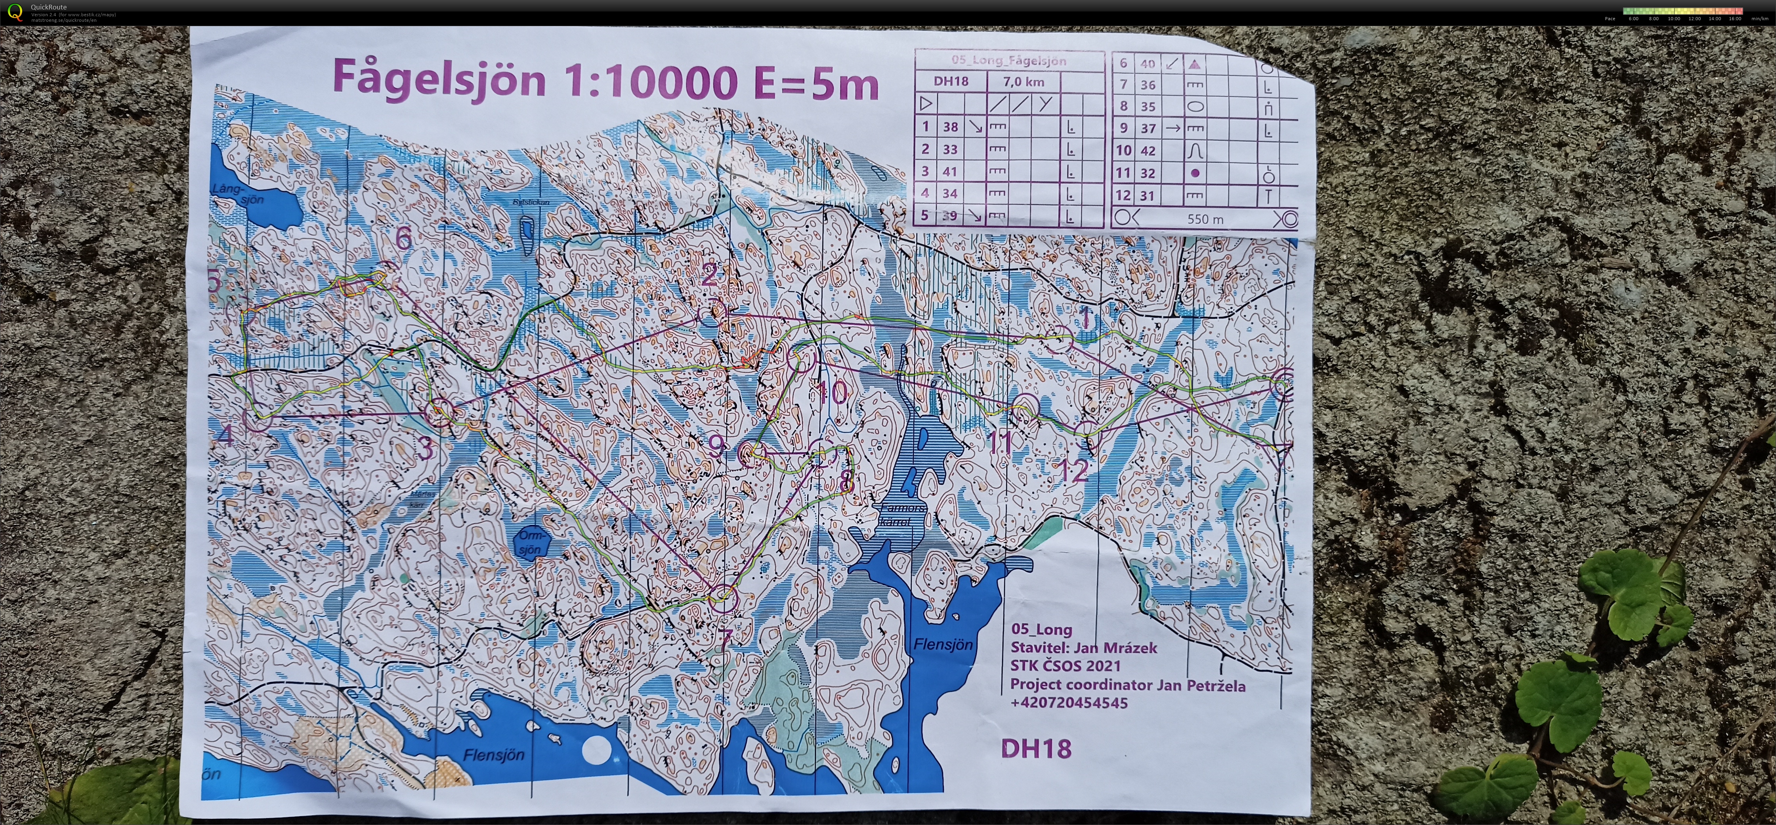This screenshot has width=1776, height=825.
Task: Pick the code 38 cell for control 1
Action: [x=951, y=127]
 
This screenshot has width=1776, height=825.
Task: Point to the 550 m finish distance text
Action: [x=1205, y=219]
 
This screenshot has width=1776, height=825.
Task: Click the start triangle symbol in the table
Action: [x=926, y=103]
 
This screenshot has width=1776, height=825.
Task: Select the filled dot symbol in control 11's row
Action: [x=1195, y=173]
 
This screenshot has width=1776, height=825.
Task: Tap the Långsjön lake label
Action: [x=237, y=194]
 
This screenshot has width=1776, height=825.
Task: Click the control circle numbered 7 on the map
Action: [x=722, y=597]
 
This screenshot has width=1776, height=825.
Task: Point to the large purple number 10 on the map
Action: [x=832, y=393]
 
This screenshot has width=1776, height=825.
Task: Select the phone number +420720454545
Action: [x=1069, y=703]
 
